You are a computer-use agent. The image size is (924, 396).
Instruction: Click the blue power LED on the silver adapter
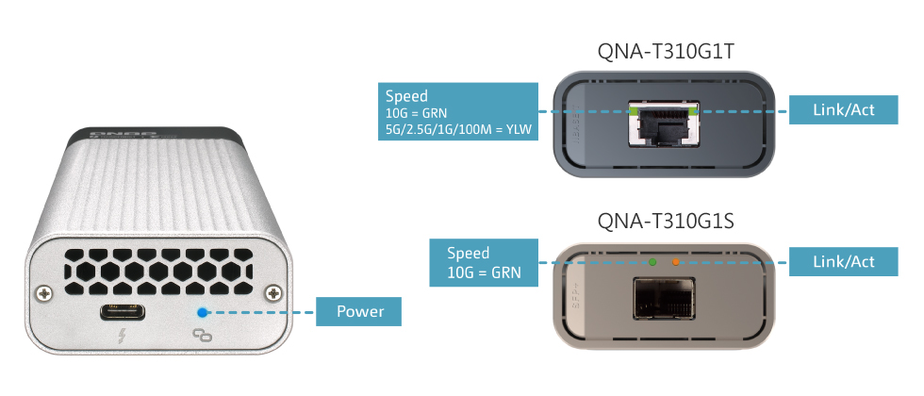point(201,311)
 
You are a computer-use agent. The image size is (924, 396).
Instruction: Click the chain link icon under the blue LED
point(200,334)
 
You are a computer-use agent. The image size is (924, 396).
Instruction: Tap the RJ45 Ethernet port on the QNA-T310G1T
point(664,126)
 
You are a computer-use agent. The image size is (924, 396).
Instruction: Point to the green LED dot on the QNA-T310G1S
point(652,261)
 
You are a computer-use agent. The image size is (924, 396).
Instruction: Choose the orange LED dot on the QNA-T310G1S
point(676,261)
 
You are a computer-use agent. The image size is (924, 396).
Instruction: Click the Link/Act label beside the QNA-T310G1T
point(843,110)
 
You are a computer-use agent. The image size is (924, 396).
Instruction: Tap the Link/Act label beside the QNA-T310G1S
point(843,261)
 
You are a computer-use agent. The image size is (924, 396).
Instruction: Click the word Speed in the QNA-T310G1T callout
point(406,96)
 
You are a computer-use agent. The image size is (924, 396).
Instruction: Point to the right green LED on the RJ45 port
point(694,110)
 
